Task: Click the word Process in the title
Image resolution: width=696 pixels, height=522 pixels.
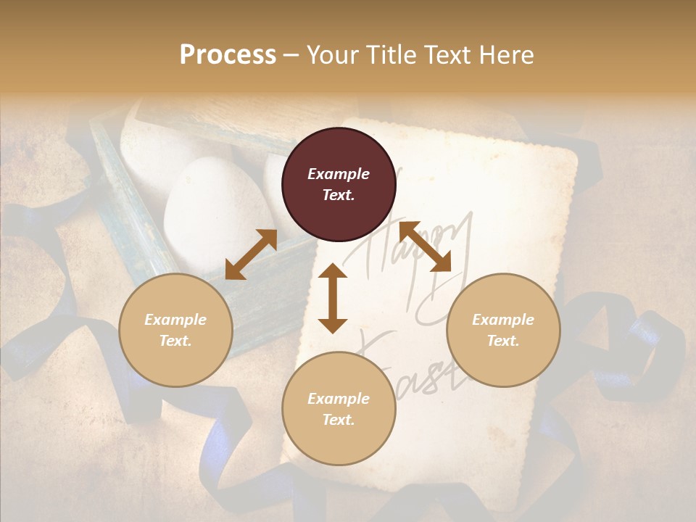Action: click(x=228, y=55)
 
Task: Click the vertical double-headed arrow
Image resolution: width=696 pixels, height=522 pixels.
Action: click(x=333, y=298)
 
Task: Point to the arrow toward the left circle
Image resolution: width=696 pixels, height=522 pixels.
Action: click(x=251, y=254)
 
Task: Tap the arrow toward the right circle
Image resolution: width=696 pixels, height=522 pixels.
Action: click(x=425, y=246)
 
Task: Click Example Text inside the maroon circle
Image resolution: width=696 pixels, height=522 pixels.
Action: click(x=339, y=184)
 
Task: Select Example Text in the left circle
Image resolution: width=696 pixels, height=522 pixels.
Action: click(x=175, y=330)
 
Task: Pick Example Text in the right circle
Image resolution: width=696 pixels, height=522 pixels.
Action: click(x=503, y=330)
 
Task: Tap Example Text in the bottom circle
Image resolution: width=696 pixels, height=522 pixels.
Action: click(x=339, y=409)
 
